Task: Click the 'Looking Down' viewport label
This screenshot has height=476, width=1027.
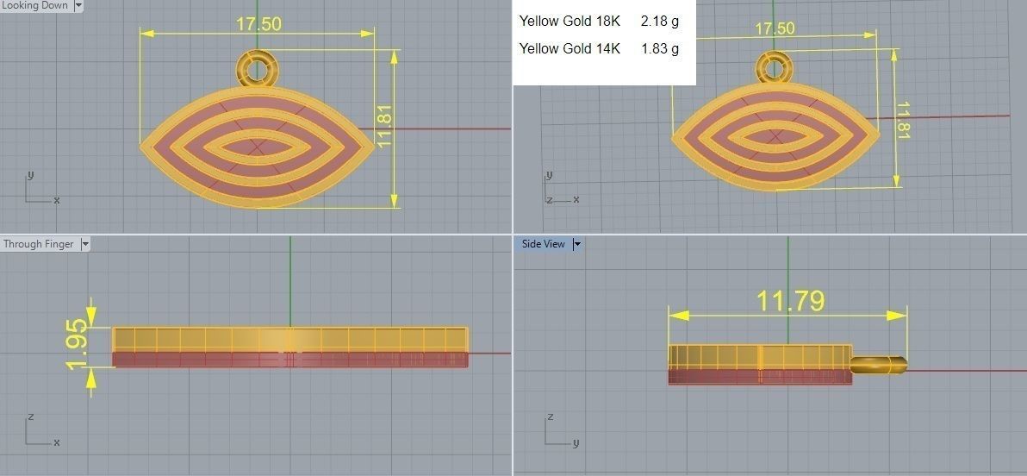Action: click(36, 6)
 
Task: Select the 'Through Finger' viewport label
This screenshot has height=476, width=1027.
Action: click(39, 244)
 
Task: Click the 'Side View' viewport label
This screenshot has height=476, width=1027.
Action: click(543, 244)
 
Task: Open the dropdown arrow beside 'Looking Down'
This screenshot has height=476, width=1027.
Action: click(79, 6)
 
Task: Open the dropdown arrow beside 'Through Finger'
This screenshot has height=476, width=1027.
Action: click(84, 244)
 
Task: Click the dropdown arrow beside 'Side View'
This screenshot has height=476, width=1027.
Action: click(577, 244)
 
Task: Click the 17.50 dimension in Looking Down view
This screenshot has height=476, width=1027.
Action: click(258, 23)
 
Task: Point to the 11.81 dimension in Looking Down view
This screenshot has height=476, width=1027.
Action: click(384, 127)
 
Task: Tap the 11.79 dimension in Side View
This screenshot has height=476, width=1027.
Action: click(790, 301)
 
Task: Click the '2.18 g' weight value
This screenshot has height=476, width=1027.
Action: click(659, 21)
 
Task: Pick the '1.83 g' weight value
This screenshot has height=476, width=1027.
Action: click(659, 48)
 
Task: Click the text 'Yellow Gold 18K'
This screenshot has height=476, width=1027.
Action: click(570, 21)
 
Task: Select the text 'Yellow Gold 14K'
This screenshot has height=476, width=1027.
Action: click(570, 48)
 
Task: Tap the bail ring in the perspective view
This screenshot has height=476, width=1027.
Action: click(773, 67)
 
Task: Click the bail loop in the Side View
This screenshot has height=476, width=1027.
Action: click(877, 365)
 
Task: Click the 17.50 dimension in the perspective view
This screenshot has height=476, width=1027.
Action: click(775, 28)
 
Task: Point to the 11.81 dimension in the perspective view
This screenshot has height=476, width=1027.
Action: click(903, 121)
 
